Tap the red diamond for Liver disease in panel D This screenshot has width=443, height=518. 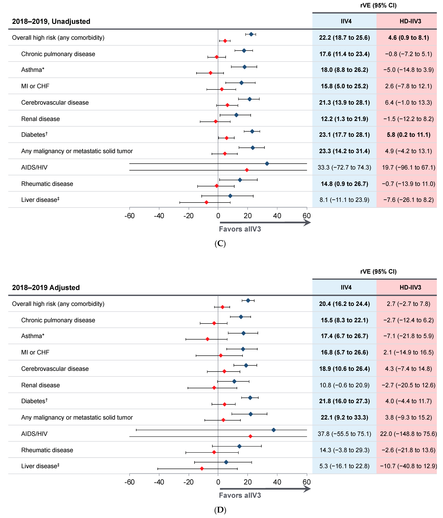202,468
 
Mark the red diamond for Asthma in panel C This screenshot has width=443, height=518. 211,73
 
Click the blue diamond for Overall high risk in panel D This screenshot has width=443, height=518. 248,301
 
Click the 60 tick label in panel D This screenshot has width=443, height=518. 307,482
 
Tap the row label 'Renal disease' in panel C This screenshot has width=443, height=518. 40,119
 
